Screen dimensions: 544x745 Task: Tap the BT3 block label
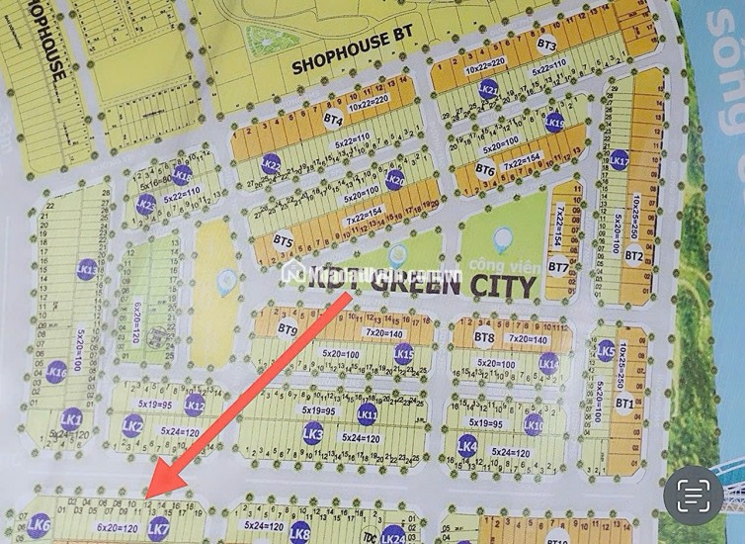click(546, 45)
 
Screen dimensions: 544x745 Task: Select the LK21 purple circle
click(488, 90)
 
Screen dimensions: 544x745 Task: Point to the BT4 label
click(333, 119)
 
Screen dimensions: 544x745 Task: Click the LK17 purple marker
click(620, 158)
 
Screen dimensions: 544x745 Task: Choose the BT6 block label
click(484, 169)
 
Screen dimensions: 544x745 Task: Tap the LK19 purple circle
click(554, 123)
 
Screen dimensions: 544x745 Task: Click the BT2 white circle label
click(634, 256)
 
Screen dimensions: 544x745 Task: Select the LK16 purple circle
click(56, 372)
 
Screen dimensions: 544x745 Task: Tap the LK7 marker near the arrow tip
click(157, 529)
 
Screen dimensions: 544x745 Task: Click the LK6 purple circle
click(40, 526)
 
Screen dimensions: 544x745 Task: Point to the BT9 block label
click(288, 329)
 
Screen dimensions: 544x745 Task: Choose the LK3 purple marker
click(314, 432)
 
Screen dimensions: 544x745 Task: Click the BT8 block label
click(484, 337)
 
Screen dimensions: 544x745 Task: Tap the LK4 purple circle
click(468, 447)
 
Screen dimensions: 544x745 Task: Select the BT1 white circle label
click(624, 403)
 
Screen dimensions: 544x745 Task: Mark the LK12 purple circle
click(195, 404)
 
